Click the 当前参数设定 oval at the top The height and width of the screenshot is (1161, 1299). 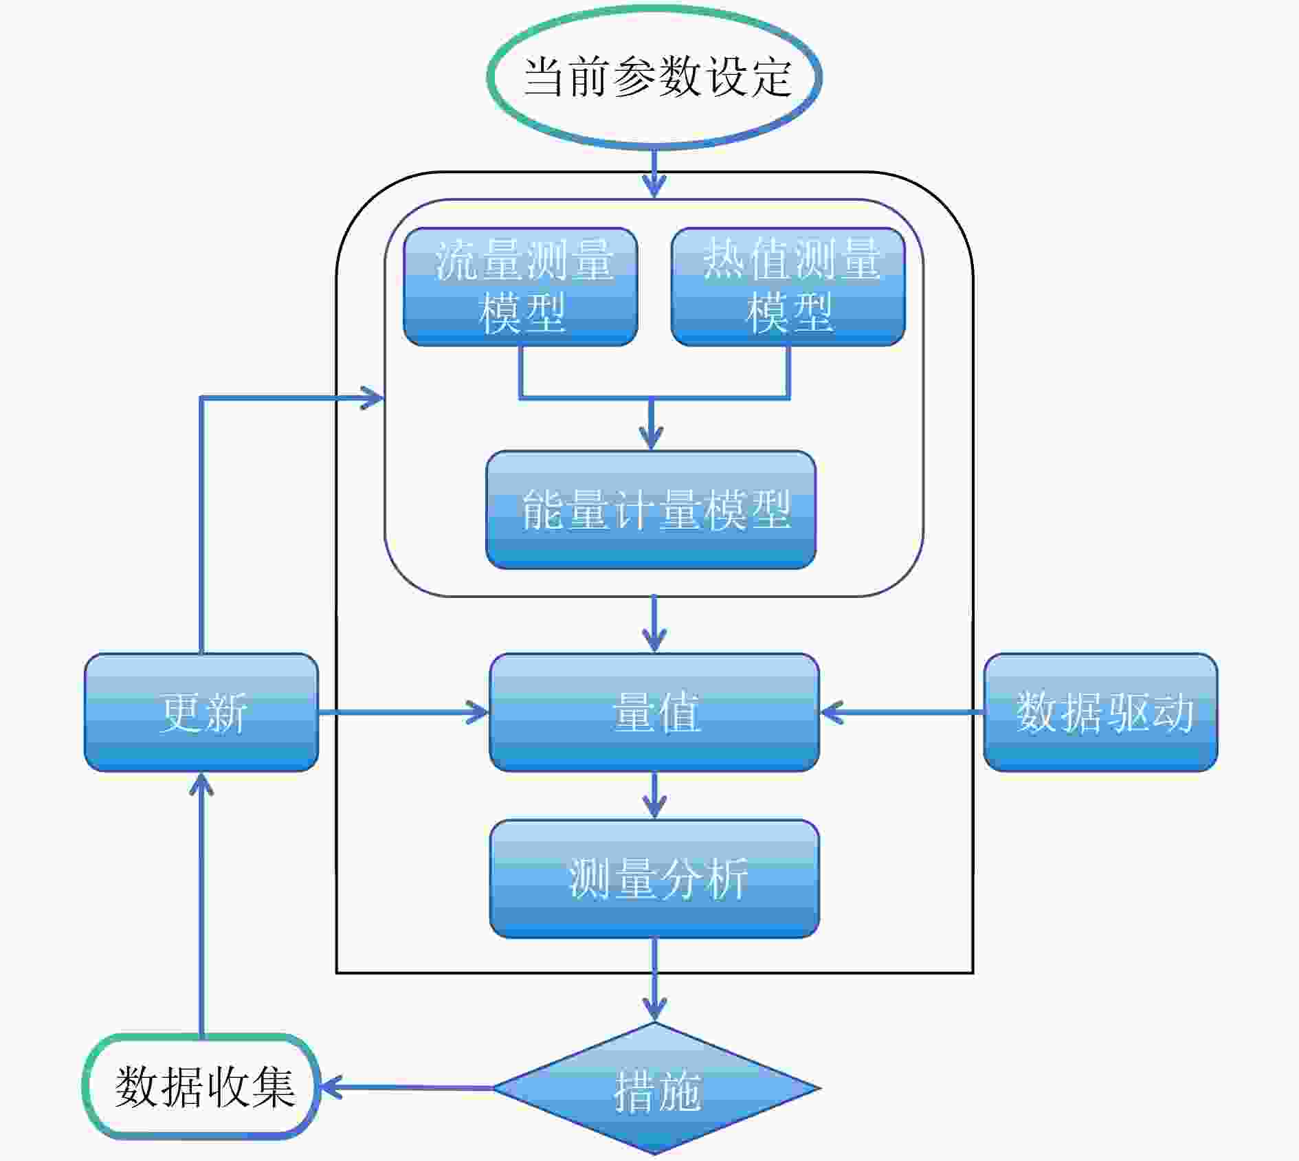[x=654, y=76]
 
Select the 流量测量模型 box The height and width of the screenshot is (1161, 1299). [x=520, y=287]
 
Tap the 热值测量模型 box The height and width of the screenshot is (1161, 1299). [x=788, y=287]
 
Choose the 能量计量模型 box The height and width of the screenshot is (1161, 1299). [x=651, y=509]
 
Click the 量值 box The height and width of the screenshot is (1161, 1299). [x=654, y=712]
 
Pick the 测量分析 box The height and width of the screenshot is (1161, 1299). [x=654, y=878]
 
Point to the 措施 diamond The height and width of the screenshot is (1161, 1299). [x=656, y=1088]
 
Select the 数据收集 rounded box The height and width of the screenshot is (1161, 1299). [x=201, y=1087]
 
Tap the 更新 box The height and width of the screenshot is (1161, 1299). [x=201, y=712]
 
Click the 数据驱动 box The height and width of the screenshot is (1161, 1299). [x=1100, y=712]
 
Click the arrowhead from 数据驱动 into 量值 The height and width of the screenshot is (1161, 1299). [x=832, y=712]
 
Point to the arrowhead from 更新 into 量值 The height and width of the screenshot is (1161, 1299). [x=478, y=712]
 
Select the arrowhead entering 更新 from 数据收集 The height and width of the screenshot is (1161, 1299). [x=201, y=784]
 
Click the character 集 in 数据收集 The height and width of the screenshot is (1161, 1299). [x=273, y=1087]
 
